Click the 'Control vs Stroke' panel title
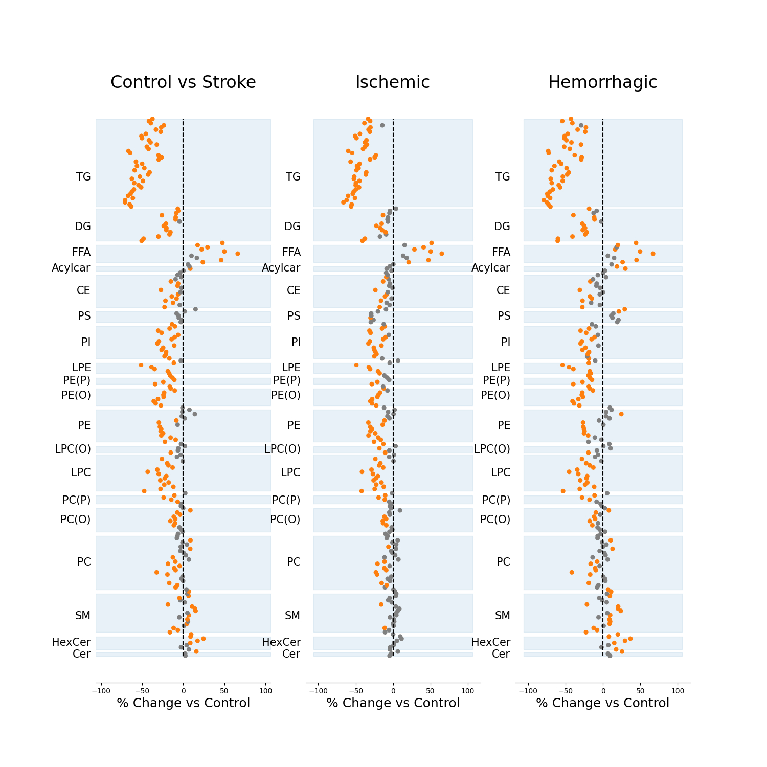coord(183,82)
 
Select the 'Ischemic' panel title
coord(393,82)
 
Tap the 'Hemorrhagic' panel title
coord(602,82)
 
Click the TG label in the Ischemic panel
coord(293,177)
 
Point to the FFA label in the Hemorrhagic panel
coord(501,252)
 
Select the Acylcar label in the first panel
coord(71,268)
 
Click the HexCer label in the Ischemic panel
coord(281,642)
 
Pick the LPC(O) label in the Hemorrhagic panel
coord(492,449)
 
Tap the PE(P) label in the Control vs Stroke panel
coord(77,380)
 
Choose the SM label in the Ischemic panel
coord(292,616)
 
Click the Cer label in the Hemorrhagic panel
coord(501,654)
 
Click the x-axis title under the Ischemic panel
coord(393,703)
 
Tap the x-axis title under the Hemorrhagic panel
coord(602,703)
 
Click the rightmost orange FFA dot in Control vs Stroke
coord(237,254)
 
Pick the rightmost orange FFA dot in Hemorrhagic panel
coord(652,254)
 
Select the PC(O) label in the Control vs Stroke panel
coord(76,520)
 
